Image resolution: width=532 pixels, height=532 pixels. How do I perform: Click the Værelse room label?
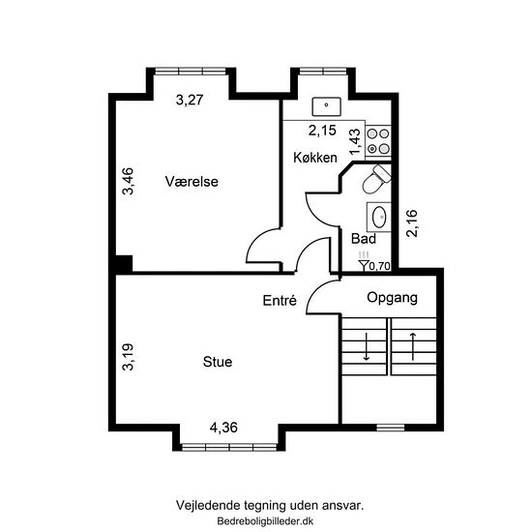click(192, 182)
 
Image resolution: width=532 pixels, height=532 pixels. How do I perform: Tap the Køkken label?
click(315, 158)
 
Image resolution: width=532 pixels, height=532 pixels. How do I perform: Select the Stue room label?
click(218, 362)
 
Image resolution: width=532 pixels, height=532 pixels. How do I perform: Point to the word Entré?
click(280, 301)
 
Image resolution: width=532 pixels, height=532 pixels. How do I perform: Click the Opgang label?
click(392, 298)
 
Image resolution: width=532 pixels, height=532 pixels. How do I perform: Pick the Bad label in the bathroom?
click(364, 239)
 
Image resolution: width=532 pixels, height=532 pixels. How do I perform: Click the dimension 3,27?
click(190, 100)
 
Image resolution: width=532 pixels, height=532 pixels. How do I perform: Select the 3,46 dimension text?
click(129, 181)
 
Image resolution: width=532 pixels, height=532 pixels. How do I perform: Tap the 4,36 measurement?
click(223, 428)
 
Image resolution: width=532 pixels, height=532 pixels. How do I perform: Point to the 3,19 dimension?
click(129, 357)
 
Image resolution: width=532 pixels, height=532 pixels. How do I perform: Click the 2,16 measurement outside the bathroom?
click(412, 223)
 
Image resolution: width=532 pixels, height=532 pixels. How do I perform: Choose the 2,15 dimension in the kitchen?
click(322, 131)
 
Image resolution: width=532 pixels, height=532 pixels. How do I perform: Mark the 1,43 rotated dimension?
click(355, 141)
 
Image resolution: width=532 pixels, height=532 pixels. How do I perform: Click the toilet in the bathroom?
click(376, 179)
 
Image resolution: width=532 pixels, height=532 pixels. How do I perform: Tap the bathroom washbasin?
click(379, 217)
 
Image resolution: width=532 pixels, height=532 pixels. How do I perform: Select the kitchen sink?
click(326, 106)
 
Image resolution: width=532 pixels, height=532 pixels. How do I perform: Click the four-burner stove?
click(378, 141)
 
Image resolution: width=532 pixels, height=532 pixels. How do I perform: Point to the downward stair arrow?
click(367, 346)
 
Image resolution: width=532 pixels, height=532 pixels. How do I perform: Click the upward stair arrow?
click(413, 346)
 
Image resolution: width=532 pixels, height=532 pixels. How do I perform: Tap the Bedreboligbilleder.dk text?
click(265, 521)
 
